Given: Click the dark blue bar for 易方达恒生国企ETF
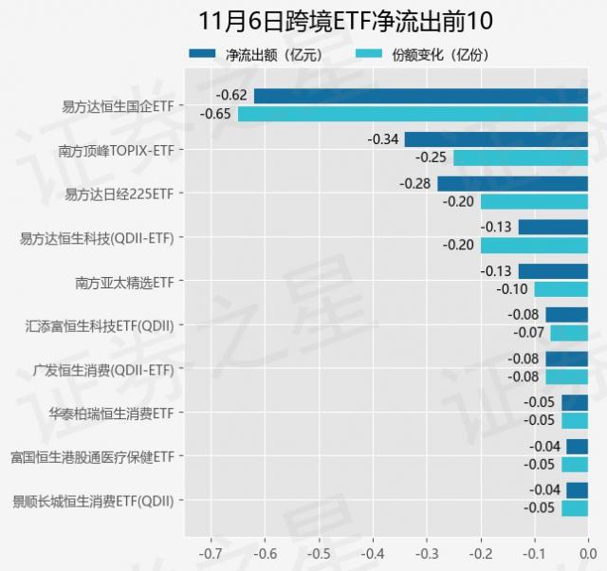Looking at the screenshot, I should coord(420,96).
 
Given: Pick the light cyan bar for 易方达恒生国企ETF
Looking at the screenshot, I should coord(413,114).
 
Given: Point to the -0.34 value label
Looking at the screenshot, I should coord(382,139).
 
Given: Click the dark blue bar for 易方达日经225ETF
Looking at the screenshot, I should coord(512,183).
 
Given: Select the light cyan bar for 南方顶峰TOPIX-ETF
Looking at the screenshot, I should coord(520,157).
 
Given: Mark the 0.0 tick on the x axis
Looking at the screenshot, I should coord(587,551).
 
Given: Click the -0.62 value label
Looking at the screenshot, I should coord(231,96).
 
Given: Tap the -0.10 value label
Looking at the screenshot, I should coord(512,289).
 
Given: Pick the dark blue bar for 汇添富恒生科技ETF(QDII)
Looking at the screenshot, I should coord(566,315).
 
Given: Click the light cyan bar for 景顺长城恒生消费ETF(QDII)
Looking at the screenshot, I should coord(574,508).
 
